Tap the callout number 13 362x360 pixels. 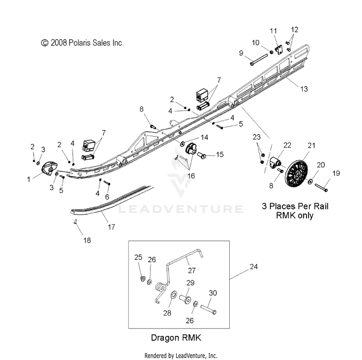(304, 89)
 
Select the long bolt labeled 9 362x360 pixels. (258, 59)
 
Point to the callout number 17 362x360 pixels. (111, 227)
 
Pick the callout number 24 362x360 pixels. (253, 267)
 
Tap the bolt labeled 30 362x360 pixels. (209, 309)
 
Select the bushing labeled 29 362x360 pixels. (185, 299)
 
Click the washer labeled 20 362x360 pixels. (310, 181)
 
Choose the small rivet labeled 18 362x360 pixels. (75, 222)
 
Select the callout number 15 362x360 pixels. (220, 154)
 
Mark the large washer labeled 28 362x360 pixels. (173, 294)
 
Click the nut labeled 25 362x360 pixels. (143, 279)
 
